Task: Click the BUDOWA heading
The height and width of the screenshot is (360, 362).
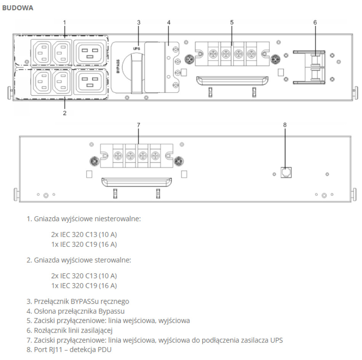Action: click(18, 8)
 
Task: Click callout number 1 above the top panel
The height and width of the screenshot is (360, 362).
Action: click(64, 22)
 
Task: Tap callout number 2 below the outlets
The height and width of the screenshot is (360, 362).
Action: click(64, 113)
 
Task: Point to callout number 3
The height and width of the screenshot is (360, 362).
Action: click(139, 22)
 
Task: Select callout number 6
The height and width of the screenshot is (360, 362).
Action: click(315, 22)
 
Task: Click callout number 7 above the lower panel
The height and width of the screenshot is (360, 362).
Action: click(138, 125)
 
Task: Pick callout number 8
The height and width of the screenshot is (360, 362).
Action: click(285, 125)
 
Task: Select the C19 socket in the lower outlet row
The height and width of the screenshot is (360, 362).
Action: click(90, 81)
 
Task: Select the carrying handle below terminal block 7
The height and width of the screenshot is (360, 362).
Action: click(135, 182)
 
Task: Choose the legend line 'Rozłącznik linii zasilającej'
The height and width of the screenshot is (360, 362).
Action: click(73, 330)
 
